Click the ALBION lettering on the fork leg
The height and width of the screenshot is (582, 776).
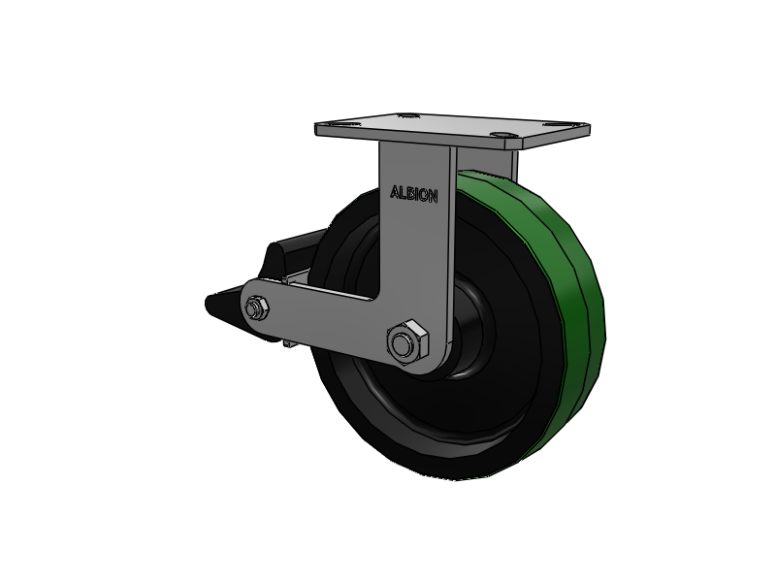click(414, 194)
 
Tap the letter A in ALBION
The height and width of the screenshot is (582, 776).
click(395, 191)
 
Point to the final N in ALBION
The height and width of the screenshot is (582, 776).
click(433, 197)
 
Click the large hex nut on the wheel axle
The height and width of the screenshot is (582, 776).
click(407, 343)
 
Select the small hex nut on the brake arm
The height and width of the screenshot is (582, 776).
click(256, 307)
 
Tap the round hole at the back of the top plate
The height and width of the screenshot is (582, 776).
click(406, 115)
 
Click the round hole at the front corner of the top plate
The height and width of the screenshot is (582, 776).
click(501, 134)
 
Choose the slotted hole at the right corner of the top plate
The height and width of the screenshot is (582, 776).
click(558, 125)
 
